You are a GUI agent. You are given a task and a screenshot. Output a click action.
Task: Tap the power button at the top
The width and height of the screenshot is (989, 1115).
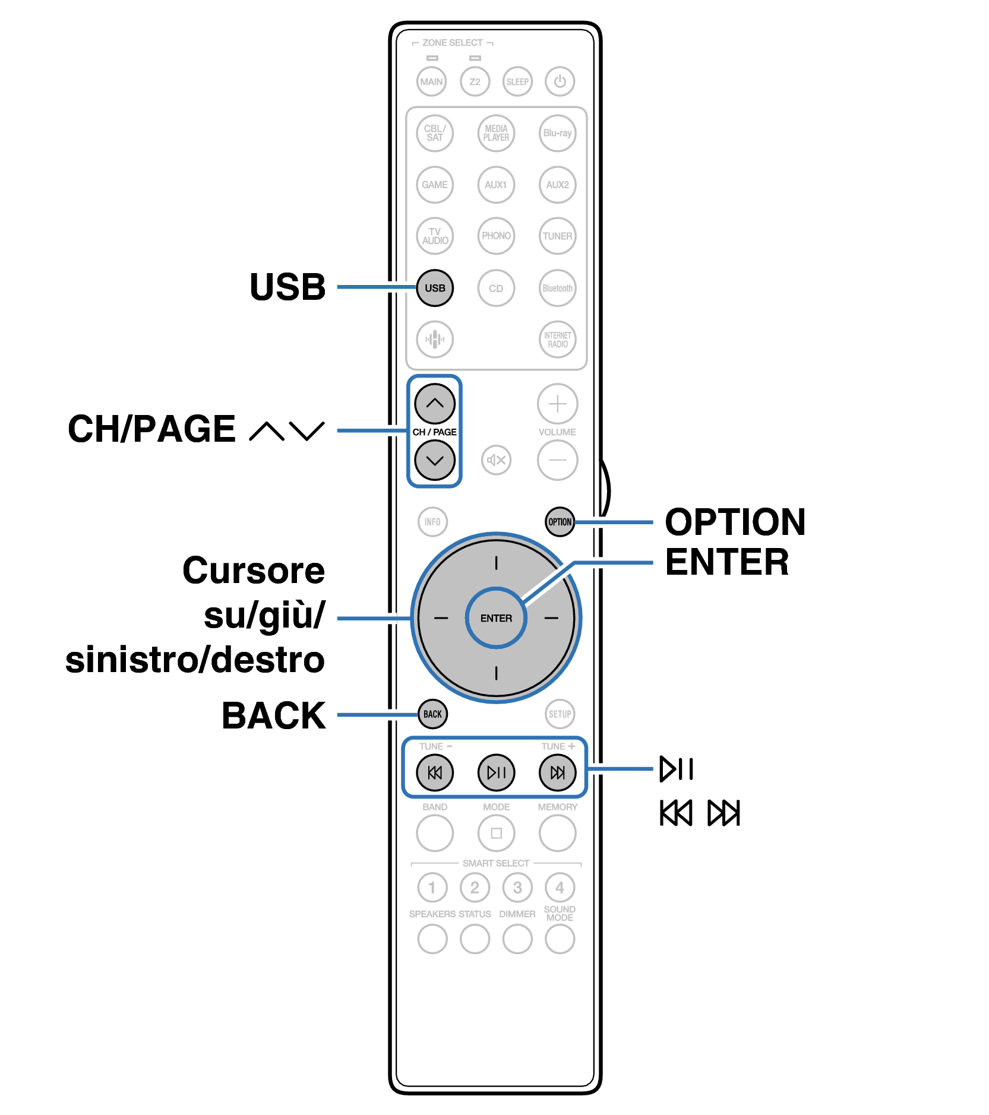(x=560, y=81)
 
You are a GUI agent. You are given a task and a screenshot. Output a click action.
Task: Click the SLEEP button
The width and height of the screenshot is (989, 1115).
(x=517, y=81)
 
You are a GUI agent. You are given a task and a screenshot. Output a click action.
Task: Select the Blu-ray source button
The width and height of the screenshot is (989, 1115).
(x=557, y=133)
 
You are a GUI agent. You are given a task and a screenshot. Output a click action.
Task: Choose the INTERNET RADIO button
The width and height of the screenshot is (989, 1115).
(x=557, y=340)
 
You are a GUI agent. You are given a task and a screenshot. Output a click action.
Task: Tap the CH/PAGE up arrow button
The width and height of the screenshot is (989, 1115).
(x=435, y=404)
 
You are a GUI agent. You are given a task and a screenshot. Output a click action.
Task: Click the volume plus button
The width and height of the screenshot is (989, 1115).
(x=557, y=404)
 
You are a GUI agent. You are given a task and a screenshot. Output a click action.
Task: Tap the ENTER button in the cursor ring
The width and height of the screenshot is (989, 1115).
(x=496, y=618)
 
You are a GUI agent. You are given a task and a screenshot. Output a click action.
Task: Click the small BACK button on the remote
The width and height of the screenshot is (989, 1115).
(x=432, y=714)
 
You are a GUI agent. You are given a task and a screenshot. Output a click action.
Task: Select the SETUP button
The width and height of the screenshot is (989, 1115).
(x=560, y=714)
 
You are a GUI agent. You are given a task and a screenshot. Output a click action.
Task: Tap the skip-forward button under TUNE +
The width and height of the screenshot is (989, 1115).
(x=557, y=772)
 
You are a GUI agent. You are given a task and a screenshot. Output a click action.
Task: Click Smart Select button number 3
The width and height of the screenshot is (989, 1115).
(x=517, y=888)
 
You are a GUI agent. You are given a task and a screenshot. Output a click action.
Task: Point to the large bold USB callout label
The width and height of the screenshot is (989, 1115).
(x=287, y=287)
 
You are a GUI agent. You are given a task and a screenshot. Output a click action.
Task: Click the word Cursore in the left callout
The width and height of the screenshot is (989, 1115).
(x=254, y=571)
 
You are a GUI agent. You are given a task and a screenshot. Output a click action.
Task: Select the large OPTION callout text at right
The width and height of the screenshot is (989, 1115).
(x=735, y=522)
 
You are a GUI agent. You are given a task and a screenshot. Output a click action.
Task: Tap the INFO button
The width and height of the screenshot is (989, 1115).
(x=432, y=522)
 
